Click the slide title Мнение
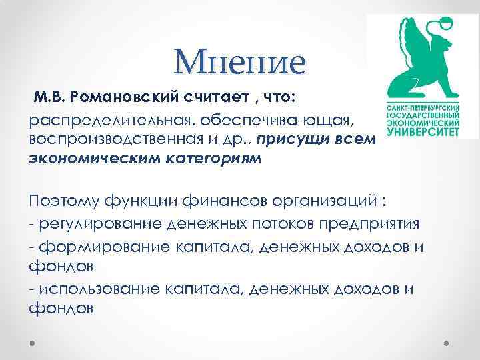pyautogui.click(x=239, y=62)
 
